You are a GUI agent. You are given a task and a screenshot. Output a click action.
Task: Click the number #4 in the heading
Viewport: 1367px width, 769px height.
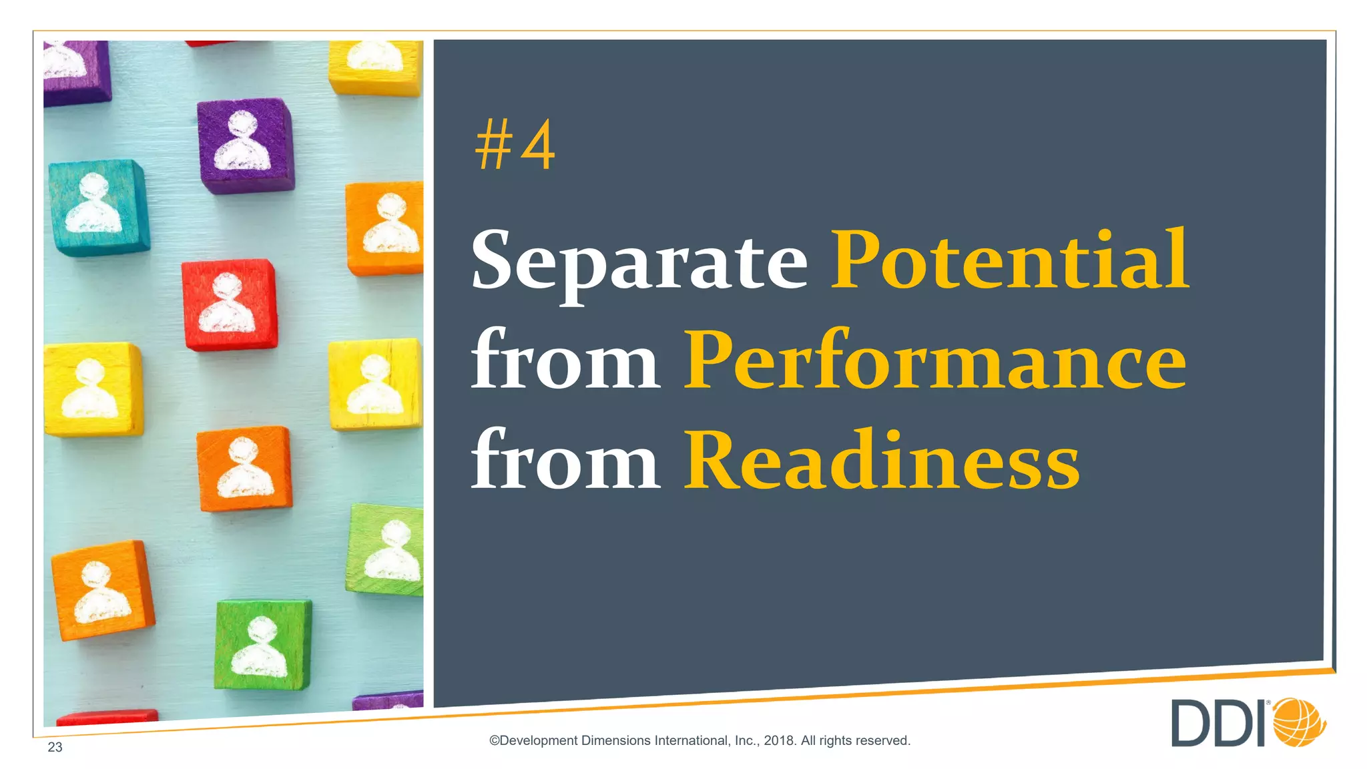[515, 145]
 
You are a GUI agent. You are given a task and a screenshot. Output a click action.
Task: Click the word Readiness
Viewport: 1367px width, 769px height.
[882, 461]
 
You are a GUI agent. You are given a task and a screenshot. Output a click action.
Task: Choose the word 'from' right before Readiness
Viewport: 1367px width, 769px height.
[565, 461]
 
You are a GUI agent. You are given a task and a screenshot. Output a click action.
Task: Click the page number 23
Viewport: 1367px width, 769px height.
[55, 747]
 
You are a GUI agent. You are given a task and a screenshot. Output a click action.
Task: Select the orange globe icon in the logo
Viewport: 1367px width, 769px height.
[1299, 722]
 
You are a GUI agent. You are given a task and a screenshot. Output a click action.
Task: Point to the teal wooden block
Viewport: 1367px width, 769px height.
[98, 207]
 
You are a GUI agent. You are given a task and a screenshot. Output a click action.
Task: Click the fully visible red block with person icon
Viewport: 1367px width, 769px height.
[229, 305]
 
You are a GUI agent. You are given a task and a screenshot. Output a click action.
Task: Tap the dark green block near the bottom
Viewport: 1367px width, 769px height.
[262, 645]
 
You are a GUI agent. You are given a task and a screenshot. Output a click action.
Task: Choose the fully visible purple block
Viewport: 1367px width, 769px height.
[246, 145]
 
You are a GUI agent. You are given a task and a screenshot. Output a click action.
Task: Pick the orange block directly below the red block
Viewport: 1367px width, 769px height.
[244, 469]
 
